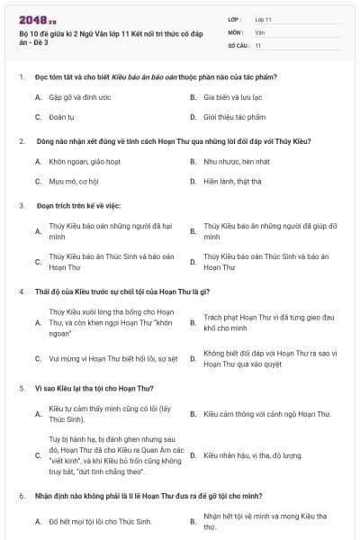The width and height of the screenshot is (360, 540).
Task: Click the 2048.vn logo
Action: click(34, 17)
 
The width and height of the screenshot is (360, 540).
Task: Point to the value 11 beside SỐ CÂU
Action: click(258, 44)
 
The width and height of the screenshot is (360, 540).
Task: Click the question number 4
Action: click(20, 291)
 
